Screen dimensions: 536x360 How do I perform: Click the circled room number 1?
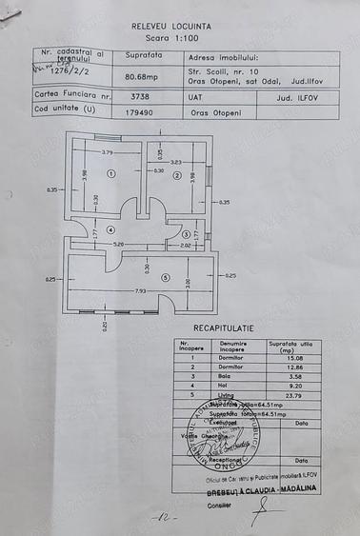[111, 174]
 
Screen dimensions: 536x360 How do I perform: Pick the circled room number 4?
[111, 230]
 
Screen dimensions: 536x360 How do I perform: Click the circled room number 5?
[165, 278]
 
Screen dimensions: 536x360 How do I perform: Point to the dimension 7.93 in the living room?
[141, 290]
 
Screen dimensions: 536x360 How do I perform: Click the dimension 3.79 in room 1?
[108, 152]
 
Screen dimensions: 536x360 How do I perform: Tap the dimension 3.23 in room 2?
[175, 162]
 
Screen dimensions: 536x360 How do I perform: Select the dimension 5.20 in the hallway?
[119, 244]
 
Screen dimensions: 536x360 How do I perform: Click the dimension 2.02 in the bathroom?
[186, 245]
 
